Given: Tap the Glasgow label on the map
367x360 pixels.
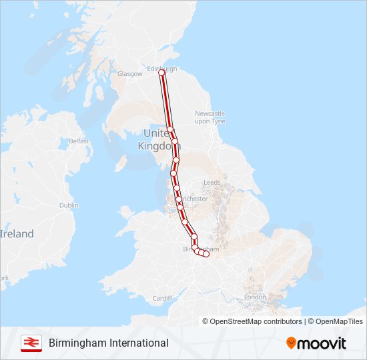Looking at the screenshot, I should (131, 74).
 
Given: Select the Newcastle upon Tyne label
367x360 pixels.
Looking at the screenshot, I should (210, 117).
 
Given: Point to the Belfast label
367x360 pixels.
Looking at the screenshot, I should (79, 141).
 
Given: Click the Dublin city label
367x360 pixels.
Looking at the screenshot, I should (69, 205).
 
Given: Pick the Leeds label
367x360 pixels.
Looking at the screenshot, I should (212, 182).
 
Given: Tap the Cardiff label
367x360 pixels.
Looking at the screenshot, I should (163, 298).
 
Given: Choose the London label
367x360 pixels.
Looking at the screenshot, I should (255, 297).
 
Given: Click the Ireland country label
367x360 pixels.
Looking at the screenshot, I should (17, 234).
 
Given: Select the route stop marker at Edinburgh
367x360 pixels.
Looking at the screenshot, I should (161, 73).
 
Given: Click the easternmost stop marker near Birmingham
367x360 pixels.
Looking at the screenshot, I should (206, 254).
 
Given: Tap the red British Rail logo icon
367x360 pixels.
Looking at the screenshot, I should (31, 343).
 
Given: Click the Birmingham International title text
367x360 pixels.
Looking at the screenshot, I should (109, 343).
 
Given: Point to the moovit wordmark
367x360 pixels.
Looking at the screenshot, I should (323, 343).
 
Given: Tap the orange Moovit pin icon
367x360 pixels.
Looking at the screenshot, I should (292, 343).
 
